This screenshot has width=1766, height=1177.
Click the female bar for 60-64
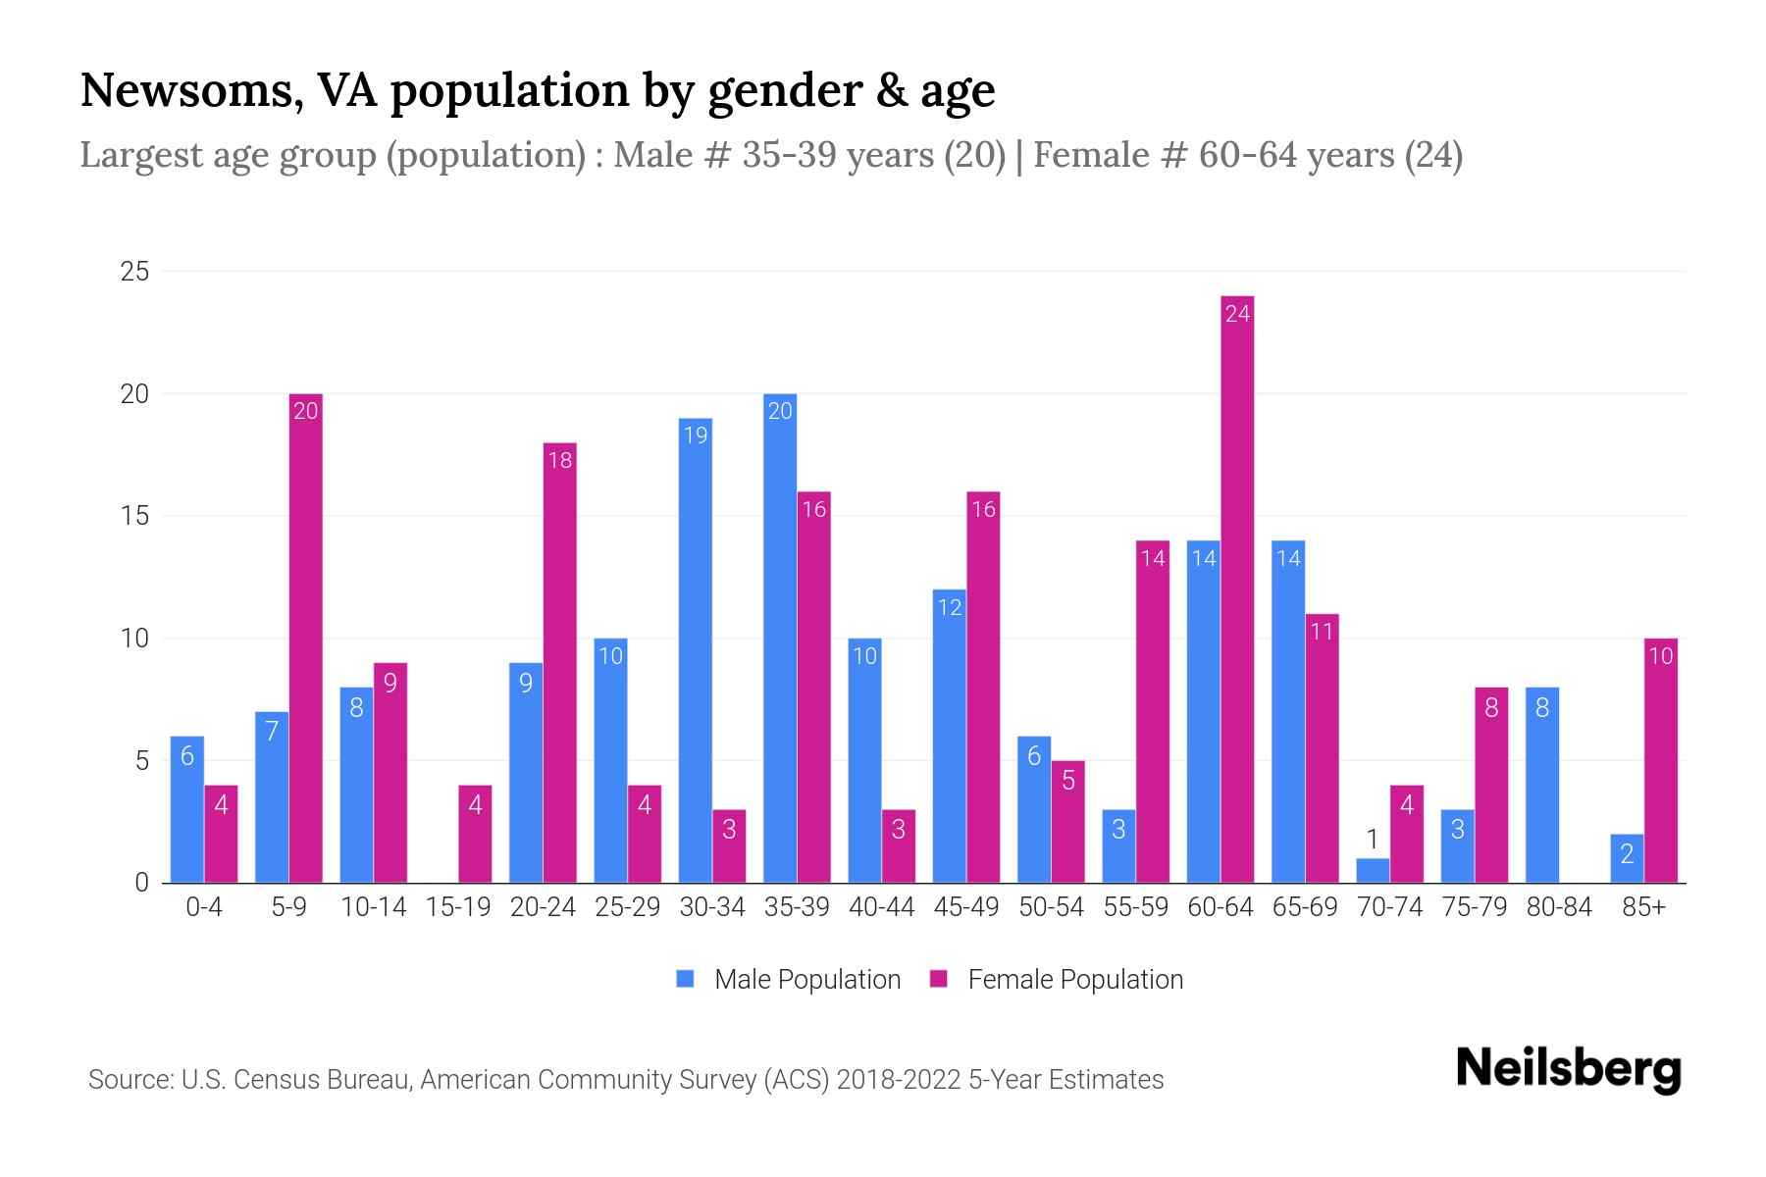(1237, 588)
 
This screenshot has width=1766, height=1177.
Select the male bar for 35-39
(780, 638)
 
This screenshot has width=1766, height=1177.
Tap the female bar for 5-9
(306, 638)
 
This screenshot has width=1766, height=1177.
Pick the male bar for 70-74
(1373, 871)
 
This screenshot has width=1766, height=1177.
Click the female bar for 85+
(1660, 760)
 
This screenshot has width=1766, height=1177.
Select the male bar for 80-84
(1542, 785)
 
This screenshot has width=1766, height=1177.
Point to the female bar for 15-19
(475, 834)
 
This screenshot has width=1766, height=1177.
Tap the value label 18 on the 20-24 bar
(559, 460)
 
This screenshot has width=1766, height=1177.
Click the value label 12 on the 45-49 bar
(950, 607)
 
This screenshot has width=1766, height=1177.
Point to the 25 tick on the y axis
(134, 272)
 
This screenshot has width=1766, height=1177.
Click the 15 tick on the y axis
(134, 516)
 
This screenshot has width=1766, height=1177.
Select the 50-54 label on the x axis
(1051, 907)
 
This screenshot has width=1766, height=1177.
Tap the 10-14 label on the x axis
(373, 907)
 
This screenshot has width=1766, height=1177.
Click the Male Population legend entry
(789, 980)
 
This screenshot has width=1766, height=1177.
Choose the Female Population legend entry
(1057, 980)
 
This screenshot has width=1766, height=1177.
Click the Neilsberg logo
(1568, 1068)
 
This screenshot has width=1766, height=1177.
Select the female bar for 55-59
(1153, 711)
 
